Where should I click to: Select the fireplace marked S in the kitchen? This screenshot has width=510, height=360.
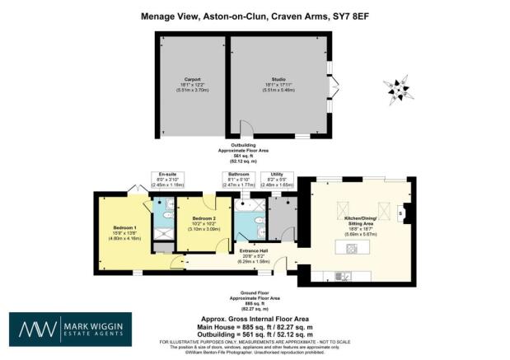click(400, 212)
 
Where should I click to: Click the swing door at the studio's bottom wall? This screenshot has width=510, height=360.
click(244, 129)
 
